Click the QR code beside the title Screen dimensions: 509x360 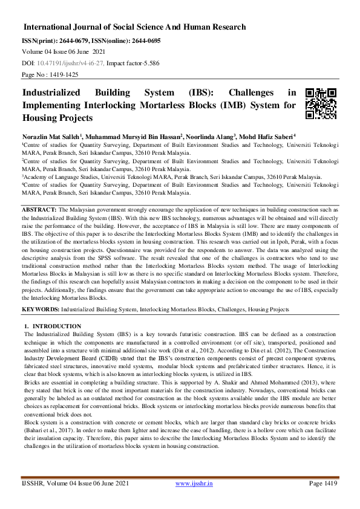(320, 103)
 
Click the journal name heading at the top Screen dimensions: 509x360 (134, 27)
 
